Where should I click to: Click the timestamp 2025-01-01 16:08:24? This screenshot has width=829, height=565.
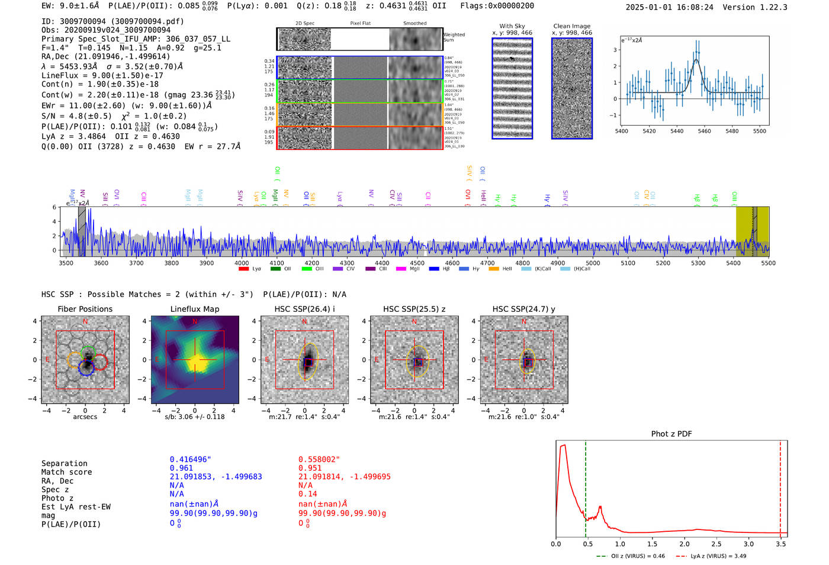click(669, 7)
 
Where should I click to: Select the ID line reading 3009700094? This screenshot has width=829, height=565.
click(113, 21)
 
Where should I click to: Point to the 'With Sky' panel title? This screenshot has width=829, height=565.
click(512, 26)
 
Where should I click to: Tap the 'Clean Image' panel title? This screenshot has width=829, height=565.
click(571, 26)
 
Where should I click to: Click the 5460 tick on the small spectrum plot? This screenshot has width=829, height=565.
click(704, 131)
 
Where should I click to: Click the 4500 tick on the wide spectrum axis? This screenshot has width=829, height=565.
click(417, 263)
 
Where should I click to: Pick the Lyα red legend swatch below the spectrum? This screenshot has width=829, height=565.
click(243, 269)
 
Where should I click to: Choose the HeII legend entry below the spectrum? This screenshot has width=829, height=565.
click(494, 269)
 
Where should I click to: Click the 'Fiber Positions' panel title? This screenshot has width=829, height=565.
click(85, 309)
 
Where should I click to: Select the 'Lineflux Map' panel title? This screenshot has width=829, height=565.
click(194, 309)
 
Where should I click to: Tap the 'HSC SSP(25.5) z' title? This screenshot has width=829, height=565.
click(414, 309)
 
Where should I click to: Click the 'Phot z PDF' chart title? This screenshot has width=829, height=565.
click(671, 433)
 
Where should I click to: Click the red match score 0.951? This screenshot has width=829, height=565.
click(310, 468)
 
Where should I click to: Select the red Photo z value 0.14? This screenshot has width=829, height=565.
click(307, 494)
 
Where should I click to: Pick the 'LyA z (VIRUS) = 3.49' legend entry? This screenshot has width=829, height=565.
click(712, 556)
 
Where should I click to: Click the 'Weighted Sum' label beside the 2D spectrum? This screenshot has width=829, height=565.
click(454, 37)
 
